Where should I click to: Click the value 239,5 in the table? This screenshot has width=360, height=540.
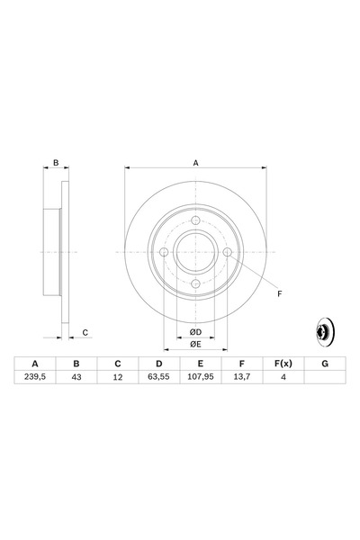point(35,377)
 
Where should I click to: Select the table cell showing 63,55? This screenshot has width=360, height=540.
point(158,377)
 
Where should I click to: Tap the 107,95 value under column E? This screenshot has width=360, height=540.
point(200,377)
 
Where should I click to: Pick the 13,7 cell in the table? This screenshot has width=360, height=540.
point(241,377)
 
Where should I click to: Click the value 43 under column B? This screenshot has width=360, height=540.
point(76,377)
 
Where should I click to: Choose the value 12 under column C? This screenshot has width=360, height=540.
point(117,377)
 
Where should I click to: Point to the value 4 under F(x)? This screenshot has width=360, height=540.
point(283,377)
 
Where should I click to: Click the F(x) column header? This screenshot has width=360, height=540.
point(283,363)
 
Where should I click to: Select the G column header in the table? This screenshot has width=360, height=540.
point(324,363)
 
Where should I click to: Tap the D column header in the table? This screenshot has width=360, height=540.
point(158,363)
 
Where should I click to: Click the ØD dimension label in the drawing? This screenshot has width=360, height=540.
point(195,331)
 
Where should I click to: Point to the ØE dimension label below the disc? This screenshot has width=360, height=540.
point(195,345)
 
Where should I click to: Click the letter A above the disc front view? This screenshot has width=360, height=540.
point(195,163)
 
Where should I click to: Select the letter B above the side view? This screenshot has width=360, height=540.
point(56,163)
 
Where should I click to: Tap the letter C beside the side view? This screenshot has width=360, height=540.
point(85,333)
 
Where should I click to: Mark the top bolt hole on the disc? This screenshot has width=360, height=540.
point(195,221)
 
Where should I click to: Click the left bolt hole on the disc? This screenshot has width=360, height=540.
point(165,252)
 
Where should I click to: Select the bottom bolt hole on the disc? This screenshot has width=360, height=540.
point(195,283)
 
